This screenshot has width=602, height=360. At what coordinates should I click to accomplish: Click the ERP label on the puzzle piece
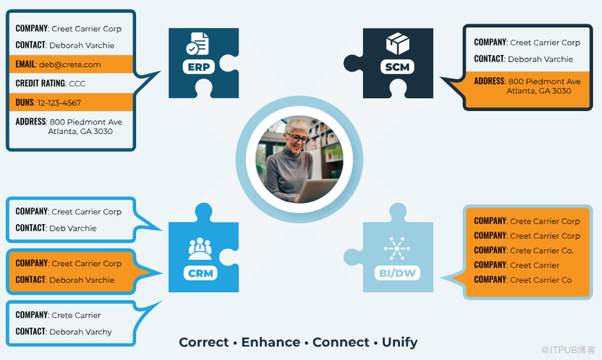(x=198, y=67)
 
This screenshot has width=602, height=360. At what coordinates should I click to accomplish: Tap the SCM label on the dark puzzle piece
(x=397, y=67)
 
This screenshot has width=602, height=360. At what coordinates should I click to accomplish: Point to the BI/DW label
(x=397, y=273)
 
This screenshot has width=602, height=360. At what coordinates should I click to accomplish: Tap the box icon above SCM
(x=397, y=44)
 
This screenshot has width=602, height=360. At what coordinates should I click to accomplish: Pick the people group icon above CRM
(x=200, y=249)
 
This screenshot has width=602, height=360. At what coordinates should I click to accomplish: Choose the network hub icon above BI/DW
(x=397, y=249)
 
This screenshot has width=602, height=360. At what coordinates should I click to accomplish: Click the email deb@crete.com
(x=70, y=64)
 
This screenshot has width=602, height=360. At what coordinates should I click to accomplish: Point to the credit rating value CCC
(x=77, y=83)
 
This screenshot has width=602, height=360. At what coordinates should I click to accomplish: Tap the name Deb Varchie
(x=73, y=229)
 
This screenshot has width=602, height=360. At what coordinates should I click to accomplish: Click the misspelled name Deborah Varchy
(x=81, y=332)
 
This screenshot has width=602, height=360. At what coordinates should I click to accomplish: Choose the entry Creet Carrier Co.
(x=541, y=250)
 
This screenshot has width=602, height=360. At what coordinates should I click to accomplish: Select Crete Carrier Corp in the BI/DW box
(x=545, y=221)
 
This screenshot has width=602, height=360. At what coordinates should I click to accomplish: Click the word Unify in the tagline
(x=400, y=342)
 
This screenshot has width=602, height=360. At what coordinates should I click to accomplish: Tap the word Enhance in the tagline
(x=271, y=342)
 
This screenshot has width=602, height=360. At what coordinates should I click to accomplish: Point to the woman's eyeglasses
(x=299, y=139)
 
